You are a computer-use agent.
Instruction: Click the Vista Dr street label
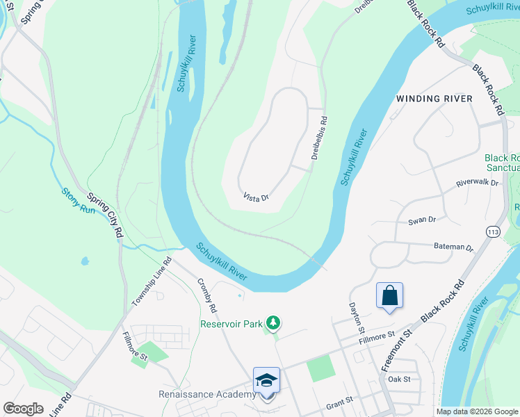[256, 198]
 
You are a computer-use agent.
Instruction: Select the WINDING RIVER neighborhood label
[434, 99]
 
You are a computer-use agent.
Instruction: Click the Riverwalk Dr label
[478, 183]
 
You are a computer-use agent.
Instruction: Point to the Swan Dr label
[422, 220]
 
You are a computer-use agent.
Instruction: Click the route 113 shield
[493, 231]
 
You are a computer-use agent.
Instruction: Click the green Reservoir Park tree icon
[274, 322]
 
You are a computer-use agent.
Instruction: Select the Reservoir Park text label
[232, 323]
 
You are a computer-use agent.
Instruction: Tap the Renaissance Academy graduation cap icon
[266, 380]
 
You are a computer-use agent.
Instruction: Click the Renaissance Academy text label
[207, 395]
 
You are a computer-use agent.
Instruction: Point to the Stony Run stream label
[78, 200]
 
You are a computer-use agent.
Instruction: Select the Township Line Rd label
[152, 284]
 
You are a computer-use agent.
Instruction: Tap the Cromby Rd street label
[207, 295]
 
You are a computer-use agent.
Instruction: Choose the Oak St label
[400, 379]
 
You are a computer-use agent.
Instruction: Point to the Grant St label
[339, 401]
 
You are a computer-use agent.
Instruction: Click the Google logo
[24, 409]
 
